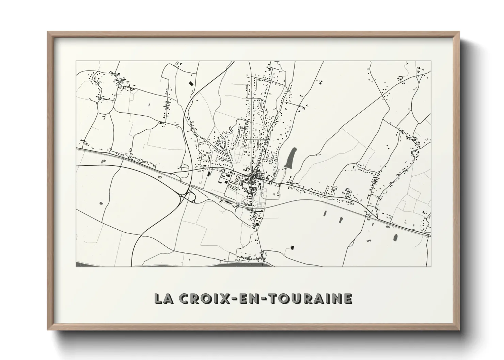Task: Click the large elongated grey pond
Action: (291, 157)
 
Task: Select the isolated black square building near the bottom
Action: (292, 247)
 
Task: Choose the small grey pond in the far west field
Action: (101, 203)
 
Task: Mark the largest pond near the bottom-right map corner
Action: (395, 237)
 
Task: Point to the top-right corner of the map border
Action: (431, 61)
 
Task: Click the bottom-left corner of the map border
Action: (76, 267)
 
